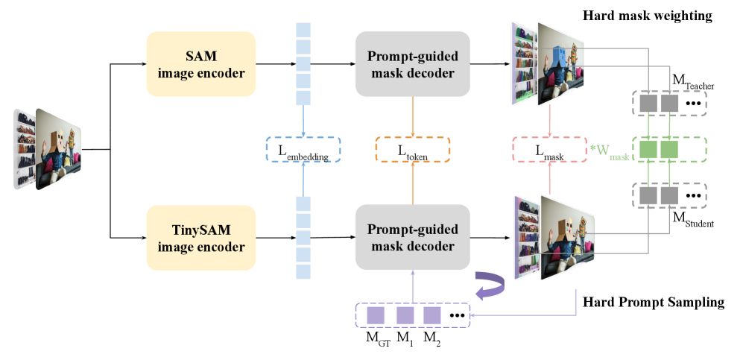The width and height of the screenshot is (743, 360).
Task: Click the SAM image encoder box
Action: tap(200, 64)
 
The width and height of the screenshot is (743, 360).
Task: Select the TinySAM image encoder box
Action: tap(200, 238)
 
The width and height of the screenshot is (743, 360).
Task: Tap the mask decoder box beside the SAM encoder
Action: tap(412, 64)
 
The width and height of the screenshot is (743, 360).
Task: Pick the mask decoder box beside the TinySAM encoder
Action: tap(412, 238)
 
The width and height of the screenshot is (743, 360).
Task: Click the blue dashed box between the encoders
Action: tap(303, 150)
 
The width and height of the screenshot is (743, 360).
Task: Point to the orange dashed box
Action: tap(412, 150)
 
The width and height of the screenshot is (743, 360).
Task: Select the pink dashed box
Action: tap(549, 150)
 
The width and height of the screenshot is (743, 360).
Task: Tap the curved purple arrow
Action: tap(489, 286)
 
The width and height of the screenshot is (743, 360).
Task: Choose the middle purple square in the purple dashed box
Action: tap(404, 315)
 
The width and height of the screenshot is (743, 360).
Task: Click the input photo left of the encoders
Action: tap(48, 148)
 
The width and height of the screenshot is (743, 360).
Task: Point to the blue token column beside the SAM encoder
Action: tap(303, 64)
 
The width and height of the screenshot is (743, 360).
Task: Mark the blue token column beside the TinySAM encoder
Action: tap(303, 238)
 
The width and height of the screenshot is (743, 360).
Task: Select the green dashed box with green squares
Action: tap(668, 150)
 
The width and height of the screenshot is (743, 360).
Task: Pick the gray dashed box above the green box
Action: tap(668, 104)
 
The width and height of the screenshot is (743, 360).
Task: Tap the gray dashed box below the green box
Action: tap(668, 195)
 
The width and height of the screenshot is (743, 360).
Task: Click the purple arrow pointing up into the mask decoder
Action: tap(412, 285)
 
